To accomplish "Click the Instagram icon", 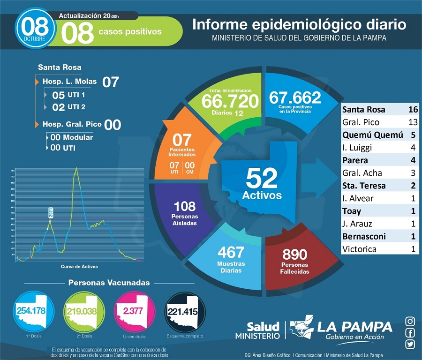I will click(410, 322).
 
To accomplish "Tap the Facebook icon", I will click(410, 333).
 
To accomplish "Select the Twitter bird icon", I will click(410, 344).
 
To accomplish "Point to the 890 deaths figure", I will click(294, 255).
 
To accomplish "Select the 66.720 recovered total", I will click(230, 100).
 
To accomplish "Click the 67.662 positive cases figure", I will click(295, 97).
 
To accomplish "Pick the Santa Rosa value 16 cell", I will click(413, 110).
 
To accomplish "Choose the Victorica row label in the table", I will click(360, 249).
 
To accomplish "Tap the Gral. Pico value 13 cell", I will click(413, 122).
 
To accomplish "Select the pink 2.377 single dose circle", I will click(135, 311).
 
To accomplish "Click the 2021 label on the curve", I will click(51, 214).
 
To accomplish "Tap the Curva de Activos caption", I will click(79, 267).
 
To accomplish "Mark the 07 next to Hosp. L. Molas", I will click(111, 82).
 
